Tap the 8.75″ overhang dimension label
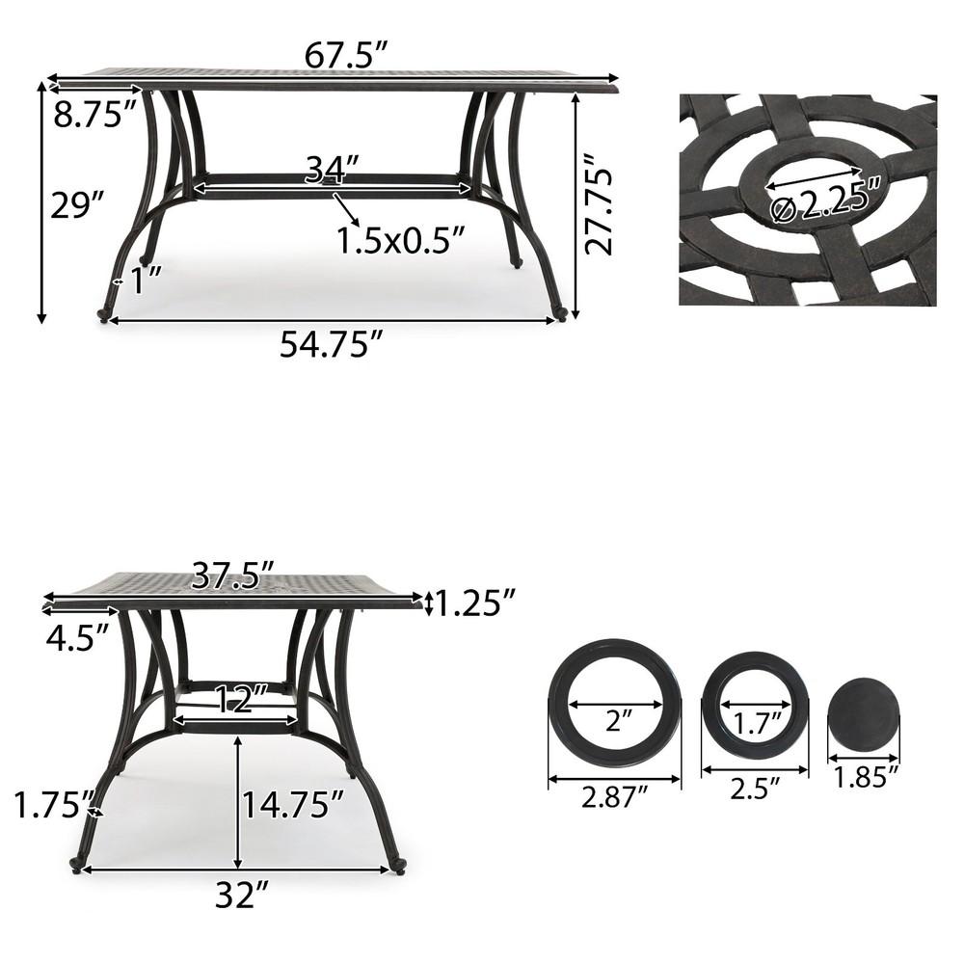coord(94,115)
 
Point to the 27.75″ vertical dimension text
coord(601,208)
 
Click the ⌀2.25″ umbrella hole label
coord(827,199)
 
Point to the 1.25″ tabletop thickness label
coord(470,603)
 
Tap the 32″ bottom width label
coord(240,897)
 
